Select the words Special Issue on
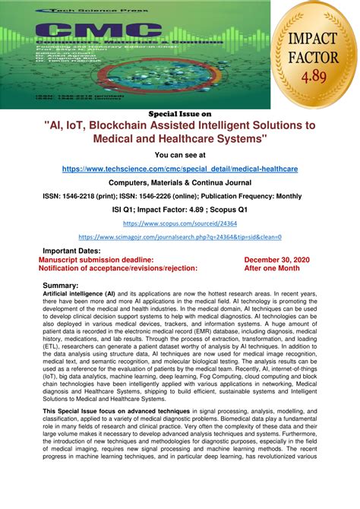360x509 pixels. tap(179, 113)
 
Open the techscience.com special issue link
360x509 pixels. tap(180, 167)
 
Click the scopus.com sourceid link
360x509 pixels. tap(179, 224)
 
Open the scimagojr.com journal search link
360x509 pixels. tap(180, 237)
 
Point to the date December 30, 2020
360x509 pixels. tap(276, 258)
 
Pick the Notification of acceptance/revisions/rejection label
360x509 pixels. tap(118, 267)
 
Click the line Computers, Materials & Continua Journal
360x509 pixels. tap(180, 183)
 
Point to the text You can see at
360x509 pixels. tap(179, 154)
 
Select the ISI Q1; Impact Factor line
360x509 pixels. tap(180, 209)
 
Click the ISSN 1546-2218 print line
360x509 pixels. tap(180, 195)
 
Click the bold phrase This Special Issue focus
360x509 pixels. tap(83, 411)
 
